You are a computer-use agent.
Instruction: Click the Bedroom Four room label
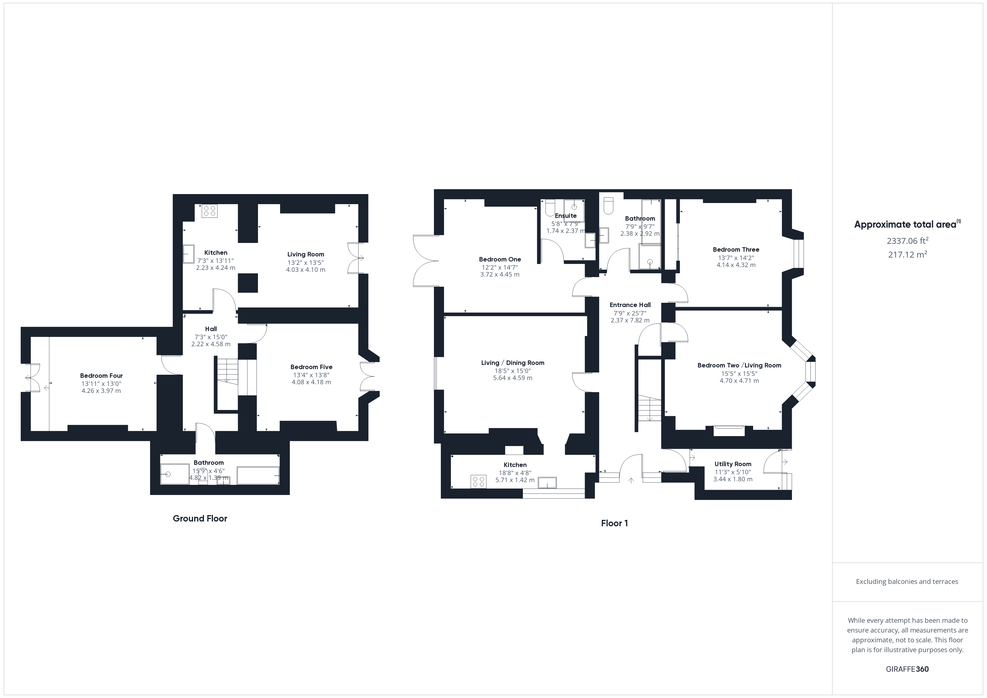click(102, 376)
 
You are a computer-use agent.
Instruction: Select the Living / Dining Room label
click(513, 363)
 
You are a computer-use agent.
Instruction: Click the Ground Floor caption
click(200, 518)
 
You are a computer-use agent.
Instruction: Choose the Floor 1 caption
click(614, 523)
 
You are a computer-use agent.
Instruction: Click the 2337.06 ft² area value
click(908, 241)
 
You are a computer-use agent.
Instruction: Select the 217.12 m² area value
click(908, 254)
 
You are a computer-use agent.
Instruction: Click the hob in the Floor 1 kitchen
click(478, 481)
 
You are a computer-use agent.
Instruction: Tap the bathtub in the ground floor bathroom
click(258, 475)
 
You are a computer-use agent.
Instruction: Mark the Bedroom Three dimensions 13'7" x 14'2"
click(736, 258)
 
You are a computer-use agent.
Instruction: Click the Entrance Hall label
click(630, 305)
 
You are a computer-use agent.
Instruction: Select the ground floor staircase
click(227, 370)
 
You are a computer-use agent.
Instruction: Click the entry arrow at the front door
click(631, 480)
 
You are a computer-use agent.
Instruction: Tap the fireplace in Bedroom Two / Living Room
click(729, 430)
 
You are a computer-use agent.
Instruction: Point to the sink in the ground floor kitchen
click(189, 254)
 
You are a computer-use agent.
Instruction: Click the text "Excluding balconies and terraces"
click(907, 581)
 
